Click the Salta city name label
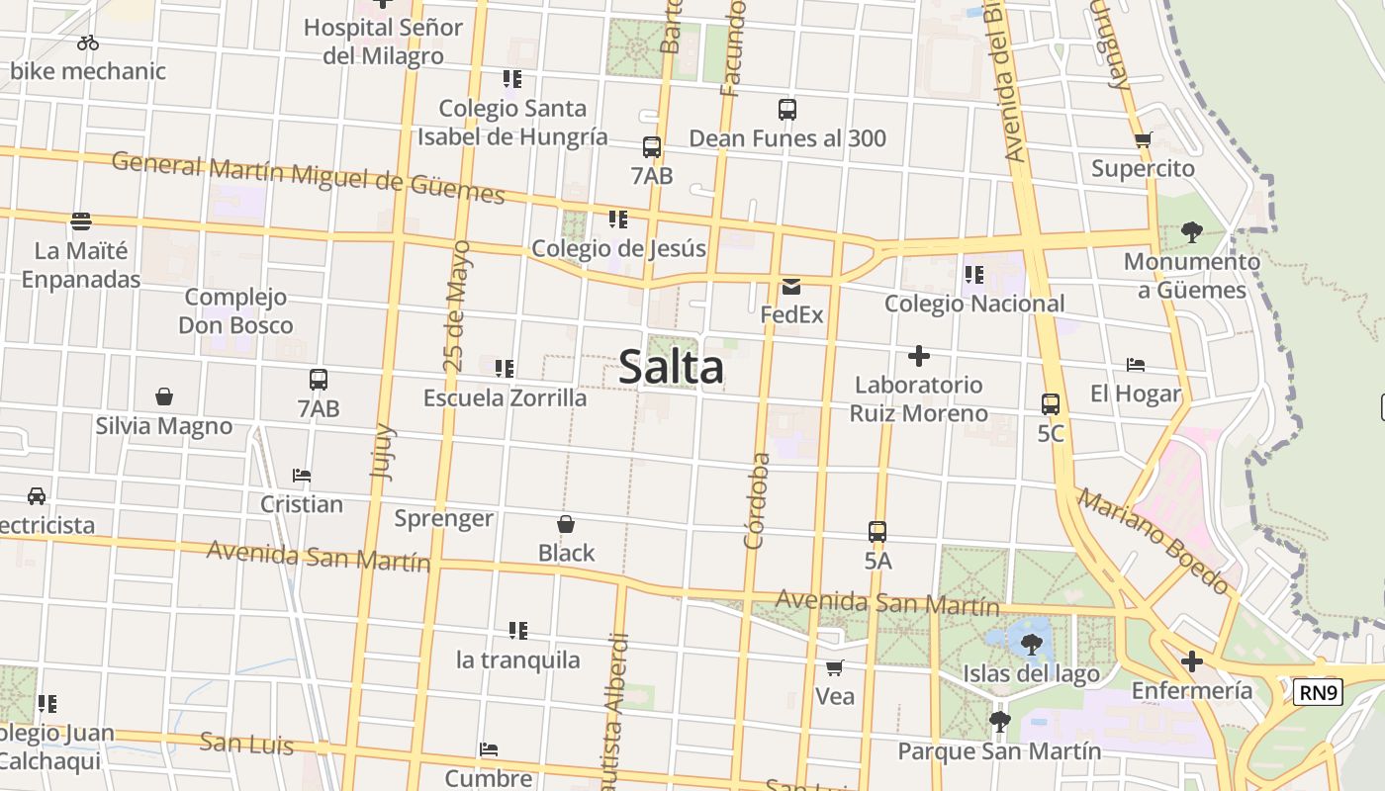coord(671,368)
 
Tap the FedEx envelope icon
coord(791,287)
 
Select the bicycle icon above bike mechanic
coord(88,43)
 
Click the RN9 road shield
coord(1318,692)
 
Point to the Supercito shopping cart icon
coord(1144,140)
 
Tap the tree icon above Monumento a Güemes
coord(1192,232)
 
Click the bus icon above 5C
coord(1051,404)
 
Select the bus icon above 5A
coord(877,532)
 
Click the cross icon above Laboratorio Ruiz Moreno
coord(919,356)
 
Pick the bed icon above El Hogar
coord(1136,366)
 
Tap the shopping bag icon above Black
coord(566,524)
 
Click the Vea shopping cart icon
coord(835,668)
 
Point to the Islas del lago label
coord(1031,674)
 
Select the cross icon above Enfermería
coord(1192,661)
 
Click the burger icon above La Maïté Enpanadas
coord(81,221)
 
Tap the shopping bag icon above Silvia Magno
coord(164,397)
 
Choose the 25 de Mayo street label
coord(457,307)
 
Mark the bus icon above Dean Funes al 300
coord(787,110)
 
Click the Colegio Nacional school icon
coord(974,274)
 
